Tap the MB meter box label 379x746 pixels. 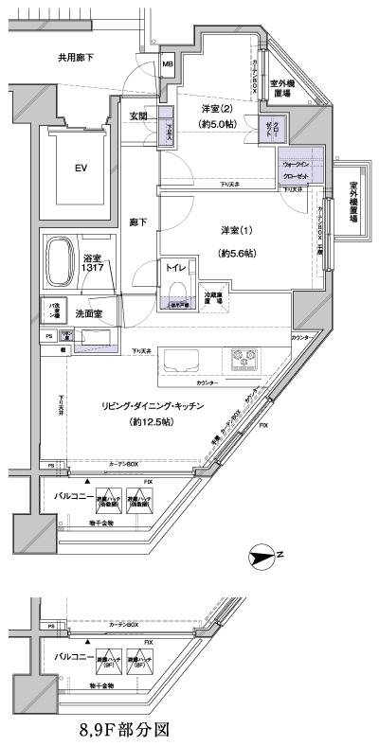pyautogui.click(x=167, y=64)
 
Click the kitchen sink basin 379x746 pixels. pyautogui.click(x=181, y=361)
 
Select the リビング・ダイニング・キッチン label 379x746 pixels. pyautogui.click(x=158, y=406)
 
